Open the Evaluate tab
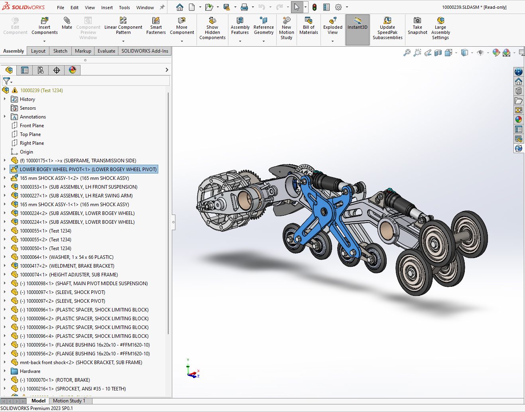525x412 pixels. click(106, 51)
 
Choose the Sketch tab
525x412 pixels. click(60, 51)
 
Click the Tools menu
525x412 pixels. click(124, 8)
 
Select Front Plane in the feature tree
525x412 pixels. click(32, 126)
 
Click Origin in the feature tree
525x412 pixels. click(26, 152)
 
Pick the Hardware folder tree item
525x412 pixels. click(30, 371)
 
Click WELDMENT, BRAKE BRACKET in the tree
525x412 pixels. click(81, 266)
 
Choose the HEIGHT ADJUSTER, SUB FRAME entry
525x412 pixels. click(83, 275)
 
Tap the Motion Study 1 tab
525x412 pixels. click(69, 401)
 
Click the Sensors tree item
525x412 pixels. click(28, 108)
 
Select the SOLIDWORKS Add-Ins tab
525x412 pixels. click(145, 51)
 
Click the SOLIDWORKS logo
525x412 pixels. click(24, 7)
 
